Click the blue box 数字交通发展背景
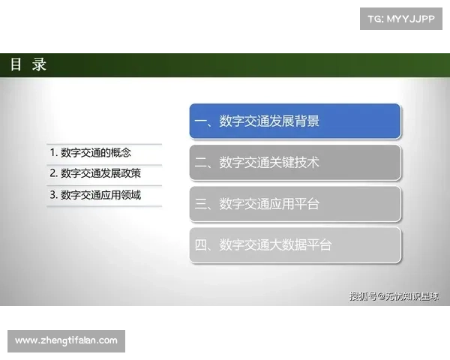[x=295, y=121]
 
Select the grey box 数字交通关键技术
[x=295, y=163]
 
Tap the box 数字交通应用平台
[x=295, y=204]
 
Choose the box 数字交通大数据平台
[x=295, y=245]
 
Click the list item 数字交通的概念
[x=91, y=153]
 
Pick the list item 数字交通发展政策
[x=95, y=173]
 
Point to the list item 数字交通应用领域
[x=95, y=195]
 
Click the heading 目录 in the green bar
[x=28, y=64]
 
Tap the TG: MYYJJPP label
[x=401, y=19]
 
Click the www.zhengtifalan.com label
[x=66, y=340]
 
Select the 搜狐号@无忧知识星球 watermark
[x=394, y=296]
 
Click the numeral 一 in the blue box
[x=200, y=121]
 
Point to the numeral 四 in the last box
[x=200, y=245]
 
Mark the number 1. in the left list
[x=54, y=153]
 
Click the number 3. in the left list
[x=54, y=195]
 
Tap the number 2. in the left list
[x=54, y=173]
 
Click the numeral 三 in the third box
[x=200, y=204]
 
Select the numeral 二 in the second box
[x=200, y=163]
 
